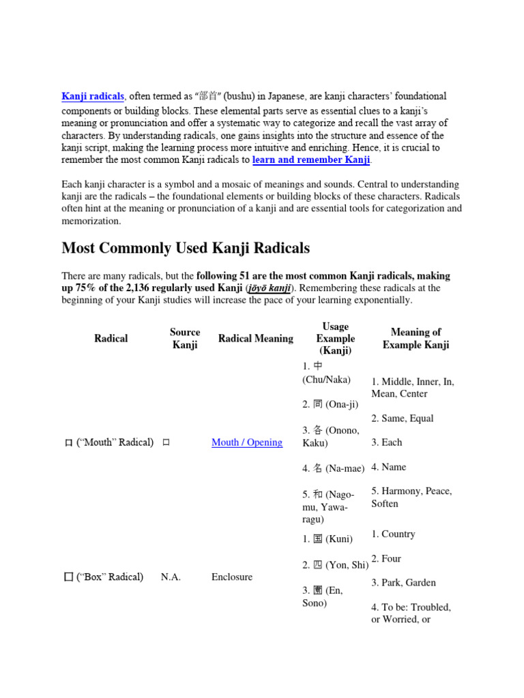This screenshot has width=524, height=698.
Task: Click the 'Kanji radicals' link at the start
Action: (x=93, y=97)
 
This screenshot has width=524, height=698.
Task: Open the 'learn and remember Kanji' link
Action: (x=311, y=160)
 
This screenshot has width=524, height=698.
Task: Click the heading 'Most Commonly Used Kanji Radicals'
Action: (x=186, y=247)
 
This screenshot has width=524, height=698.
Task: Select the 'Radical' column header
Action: (x=111, y=338)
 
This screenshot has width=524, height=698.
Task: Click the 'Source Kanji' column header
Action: (x=185, y=338)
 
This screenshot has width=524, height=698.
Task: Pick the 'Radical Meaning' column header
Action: (x=256, y=338)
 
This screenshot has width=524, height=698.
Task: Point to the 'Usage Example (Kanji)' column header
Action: (x=335, y=339)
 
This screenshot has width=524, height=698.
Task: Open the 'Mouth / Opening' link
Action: (x=246, y=442)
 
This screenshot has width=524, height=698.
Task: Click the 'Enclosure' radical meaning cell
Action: (x=232, y=577)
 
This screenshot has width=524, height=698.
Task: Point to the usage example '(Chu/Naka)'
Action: (x=326, y=379)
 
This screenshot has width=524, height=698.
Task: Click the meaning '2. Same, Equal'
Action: (x=403, y=419)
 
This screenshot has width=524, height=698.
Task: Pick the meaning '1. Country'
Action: (x=393, y=534)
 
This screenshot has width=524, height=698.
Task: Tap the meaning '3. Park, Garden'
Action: (x=403, y=583)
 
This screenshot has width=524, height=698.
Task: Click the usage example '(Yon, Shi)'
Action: (x=336, y=564)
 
